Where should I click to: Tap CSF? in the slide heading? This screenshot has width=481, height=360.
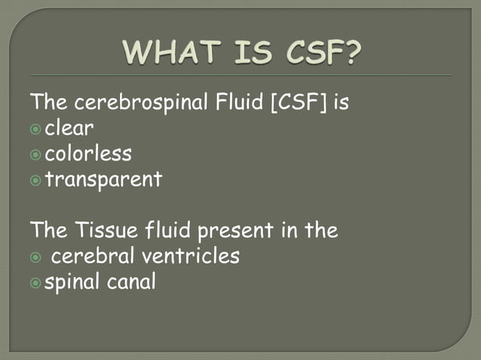click(320, 53)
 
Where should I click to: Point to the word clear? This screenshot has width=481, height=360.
click(69, 128)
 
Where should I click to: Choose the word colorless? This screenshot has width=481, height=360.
click(88, 154)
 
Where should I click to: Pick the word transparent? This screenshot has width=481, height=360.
click(103, 180)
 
